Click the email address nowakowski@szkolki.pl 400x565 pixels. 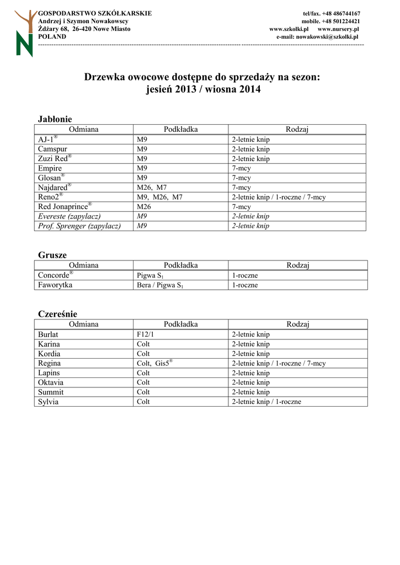[327, 36]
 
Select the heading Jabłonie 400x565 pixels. [55, 119]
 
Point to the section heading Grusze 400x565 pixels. [52, 255]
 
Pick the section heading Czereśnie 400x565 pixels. [57, 314]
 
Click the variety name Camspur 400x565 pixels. [53, 149]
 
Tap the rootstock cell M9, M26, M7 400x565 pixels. [159, 197]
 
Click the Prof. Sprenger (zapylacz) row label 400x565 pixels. [79, 226]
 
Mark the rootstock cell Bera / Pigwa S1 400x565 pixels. [159, 285]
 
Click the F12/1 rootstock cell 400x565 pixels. [146, 334]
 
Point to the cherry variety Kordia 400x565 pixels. [49, 354]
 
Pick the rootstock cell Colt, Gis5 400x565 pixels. [154, 363]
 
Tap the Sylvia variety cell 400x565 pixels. [48, 402]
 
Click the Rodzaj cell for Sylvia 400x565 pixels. [266, 402]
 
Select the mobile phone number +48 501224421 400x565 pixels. [331, 21]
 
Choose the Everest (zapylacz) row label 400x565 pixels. [70, 216]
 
